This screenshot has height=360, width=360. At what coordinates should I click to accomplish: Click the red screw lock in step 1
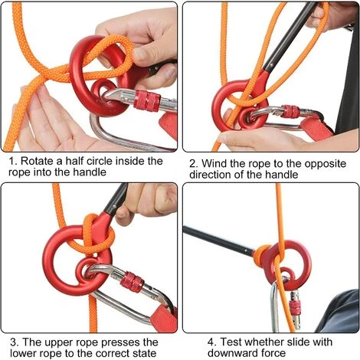(x=147, y=100)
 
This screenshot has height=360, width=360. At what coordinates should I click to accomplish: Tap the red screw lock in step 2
(x=290, y=111)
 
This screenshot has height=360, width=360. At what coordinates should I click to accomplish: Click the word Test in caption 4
(x=231, y=342)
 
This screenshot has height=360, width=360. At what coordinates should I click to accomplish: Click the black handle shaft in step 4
(x=219, y=241)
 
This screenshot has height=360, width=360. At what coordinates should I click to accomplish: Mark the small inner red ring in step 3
(x=89, y=269)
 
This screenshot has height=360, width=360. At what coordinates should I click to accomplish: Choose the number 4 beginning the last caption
(x=211, y=342)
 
